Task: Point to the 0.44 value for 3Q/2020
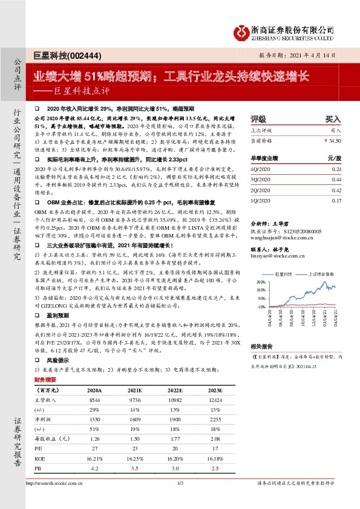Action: tap(338, 180)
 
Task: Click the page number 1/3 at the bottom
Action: tap(180, 484)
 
